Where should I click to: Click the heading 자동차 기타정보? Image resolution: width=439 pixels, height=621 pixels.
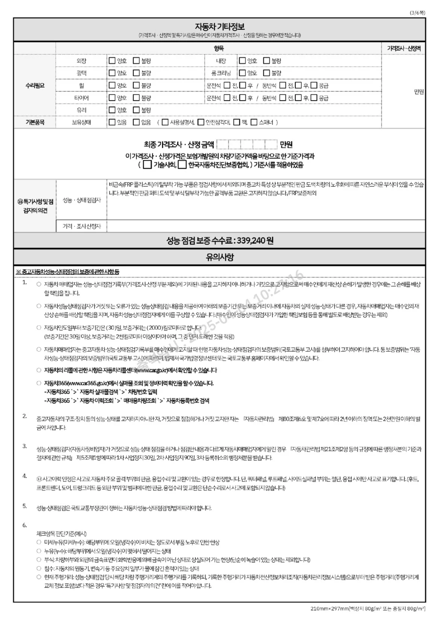pyautogui.click(x=219, y=27)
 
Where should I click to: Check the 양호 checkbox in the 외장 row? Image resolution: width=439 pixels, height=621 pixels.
pyautogui.click(x=112, y=60)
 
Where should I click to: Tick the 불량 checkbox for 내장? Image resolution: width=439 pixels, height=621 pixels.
pyautogui.click(x=266, y=60)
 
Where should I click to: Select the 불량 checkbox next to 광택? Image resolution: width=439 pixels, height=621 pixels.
pyautogui.click(x=136, y=73)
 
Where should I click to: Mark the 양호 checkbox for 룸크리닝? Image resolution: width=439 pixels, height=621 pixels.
pyautogui.click(x=242, y=73)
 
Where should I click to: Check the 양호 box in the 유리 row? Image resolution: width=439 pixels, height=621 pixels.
pyautogui.click(x=112, y=110)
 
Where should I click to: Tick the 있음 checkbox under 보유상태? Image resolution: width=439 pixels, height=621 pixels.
pyautogui.click(x=112, y=122)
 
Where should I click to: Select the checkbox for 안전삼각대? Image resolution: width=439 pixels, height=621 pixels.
pyautogui.click(x=201, y=122)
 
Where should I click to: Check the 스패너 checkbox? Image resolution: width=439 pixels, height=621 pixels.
pyautogui.click(x=254, y=122)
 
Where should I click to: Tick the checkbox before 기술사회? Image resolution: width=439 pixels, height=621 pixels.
pyautogui.click(x=147, y=164)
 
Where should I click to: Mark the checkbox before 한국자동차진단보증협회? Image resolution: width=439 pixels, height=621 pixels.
pyautogui.click(x=182, y=164)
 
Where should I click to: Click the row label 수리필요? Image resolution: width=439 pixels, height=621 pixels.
pyautogui.click(x=35, y=85)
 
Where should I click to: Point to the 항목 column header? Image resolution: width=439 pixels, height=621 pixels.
pyautogui.click(x=219, y=49)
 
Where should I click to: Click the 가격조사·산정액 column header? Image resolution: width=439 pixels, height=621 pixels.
pyautogui.click(x=404, y=49)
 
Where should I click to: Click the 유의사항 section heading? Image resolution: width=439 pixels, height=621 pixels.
pyautogui.click(x=219, y=257)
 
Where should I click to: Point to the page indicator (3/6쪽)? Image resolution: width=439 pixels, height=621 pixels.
pyautogui.click(x=417, y=12)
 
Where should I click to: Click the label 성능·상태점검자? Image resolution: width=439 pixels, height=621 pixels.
pyautogui.click(x=82, y=200)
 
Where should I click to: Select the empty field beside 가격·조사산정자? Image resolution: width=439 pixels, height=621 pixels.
pyautogui.click(x=266, y=226)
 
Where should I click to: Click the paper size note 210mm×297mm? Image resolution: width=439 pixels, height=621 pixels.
pyautogui.click(x=330, y=609)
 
